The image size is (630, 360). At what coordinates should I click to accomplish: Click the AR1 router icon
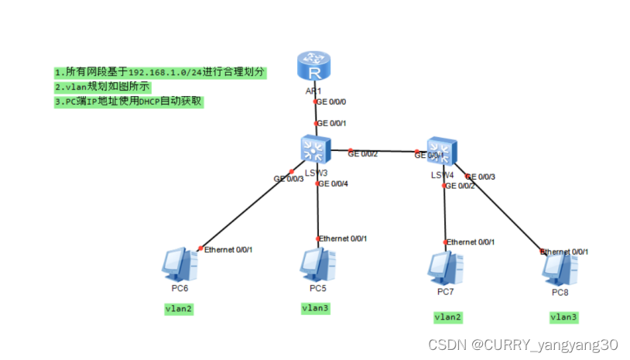click(314, 67)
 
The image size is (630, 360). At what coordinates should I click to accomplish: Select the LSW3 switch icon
click(315, 148)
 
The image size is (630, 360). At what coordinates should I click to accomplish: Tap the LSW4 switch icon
click(442, 151)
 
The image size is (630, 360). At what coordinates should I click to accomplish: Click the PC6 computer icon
click(180, 264)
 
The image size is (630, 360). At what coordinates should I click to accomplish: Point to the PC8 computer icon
click(560, 268)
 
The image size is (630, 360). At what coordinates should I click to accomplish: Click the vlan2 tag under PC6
click(179, 308)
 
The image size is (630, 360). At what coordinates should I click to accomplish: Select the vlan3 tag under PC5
click(316, 307)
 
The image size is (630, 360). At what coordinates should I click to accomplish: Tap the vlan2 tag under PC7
click(447, 317)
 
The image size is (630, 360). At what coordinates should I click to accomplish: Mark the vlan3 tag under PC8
click(563, 317)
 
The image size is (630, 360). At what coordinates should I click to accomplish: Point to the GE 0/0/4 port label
click(335, 183)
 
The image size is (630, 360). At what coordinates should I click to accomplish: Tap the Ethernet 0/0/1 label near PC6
click(228, 249)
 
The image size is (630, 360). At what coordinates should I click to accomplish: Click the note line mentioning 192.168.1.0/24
click(160, 72)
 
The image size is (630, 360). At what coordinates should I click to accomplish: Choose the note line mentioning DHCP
click(128, 101)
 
